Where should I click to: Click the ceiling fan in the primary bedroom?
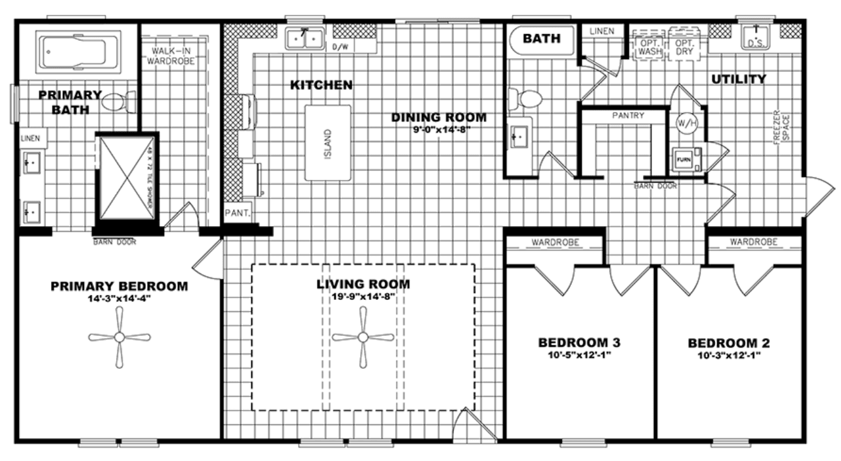pyautogui.click(x=119, y=337)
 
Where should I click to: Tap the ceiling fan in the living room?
pyautogui.click(x=363, y=337)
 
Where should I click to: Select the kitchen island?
pyautogui.click(x=328, y=142)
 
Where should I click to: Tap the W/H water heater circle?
pyautogui.click(x=687, y=122)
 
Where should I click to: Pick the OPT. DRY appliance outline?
pyautogui.click(x=684, y=44)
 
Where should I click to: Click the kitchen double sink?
pyautogui.click(x=304, y=39)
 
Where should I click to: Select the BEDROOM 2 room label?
pyautogui.click(x=729, y=344)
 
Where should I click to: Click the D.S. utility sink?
pyautogui.click(x=755, y=39)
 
